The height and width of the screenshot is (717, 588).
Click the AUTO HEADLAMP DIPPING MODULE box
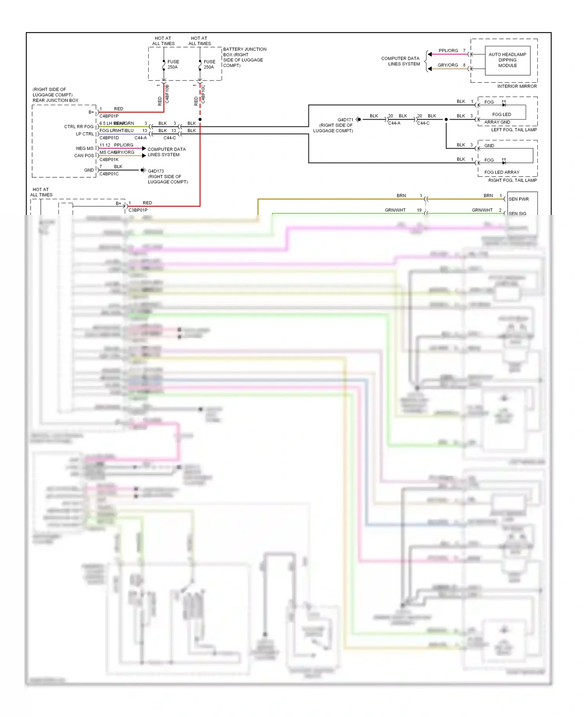point(507,60)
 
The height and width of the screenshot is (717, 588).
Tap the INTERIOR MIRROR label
point(517,86)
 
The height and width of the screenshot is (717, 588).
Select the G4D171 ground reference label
point(345,120)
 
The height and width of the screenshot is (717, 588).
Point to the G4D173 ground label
point(156,171)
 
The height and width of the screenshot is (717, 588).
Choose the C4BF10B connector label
point(167,94)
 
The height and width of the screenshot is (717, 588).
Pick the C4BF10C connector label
point(203,94)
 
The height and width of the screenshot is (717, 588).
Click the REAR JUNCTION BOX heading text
point(55,100)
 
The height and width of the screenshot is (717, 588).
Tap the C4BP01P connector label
point(109,116)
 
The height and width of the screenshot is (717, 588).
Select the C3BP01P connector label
point(138,210)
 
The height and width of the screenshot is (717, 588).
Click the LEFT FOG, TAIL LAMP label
point(514,130)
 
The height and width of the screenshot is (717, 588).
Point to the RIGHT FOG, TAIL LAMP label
point(512,180)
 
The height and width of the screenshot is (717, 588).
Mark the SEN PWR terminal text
point(519,199)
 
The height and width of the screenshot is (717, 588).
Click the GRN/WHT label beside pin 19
point(395,210)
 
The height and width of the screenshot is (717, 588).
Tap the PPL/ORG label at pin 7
point(448,51)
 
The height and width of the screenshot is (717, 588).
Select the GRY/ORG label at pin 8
point(448,65)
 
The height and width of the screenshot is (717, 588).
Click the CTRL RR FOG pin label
point(79,127)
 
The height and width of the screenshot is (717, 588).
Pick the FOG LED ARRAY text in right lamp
point(501,172)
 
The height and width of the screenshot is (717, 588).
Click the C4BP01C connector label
point(109,174)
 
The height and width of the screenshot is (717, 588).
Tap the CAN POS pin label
point(84,156)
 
